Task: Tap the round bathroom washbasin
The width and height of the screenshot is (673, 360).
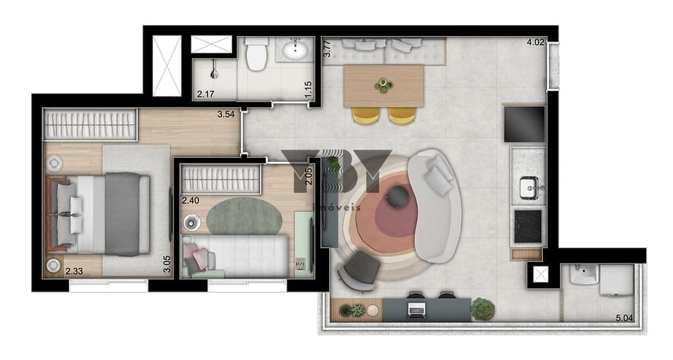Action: tap(295, 49)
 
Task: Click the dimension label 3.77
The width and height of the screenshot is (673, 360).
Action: tap(327, 49)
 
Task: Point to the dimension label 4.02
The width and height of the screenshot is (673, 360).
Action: tap(535, 42)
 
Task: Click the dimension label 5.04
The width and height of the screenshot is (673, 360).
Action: tap(624, 318)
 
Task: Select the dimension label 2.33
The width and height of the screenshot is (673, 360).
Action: tap(74, 271)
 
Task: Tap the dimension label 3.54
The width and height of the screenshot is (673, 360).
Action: tap(226, 114)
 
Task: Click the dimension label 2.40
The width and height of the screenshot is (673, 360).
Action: tap(191, 200)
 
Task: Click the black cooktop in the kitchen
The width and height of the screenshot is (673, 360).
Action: tap(528, 226)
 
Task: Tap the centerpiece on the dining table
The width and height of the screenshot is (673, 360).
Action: tap(383, 86)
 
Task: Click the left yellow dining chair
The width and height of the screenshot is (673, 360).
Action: tap(365, 116)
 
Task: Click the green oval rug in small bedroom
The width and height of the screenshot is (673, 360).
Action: tap(244, 215)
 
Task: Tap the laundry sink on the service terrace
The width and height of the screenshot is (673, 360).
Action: tap(584, 274)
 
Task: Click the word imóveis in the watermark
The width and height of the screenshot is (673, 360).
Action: tap(337, 208)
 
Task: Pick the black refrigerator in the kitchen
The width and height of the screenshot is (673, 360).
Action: tap(524, 124)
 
